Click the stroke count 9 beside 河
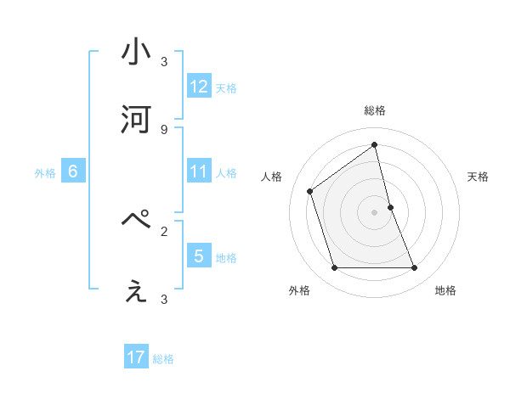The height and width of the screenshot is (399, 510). (164, 129)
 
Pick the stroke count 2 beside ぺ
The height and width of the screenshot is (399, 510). (164, 231)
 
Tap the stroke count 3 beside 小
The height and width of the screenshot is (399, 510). (164, 61)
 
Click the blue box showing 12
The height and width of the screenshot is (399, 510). (199, 87)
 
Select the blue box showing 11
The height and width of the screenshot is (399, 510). (199, 172)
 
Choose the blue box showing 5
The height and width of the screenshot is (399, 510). (199, 256)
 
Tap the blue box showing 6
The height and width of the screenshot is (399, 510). (73, 172)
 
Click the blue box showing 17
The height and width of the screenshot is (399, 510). (136, 358)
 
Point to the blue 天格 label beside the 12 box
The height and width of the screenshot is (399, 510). (226, 87)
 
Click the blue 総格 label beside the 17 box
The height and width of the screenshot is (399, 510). (163, 359)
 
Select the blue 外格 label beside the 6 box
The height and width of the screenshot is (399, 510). (45, 173)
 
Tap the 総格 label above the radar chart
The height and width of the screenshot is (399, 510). (375, 110)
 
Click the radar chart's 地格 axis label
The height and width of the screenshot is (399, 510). (445, 290)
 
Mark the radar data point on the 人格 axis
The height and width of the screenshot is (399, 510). (310, 191)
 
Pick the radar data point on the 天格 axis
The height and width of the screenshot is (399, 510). (390, 207)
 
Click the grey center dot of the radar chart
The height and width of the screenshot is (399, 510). (375, 212)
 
